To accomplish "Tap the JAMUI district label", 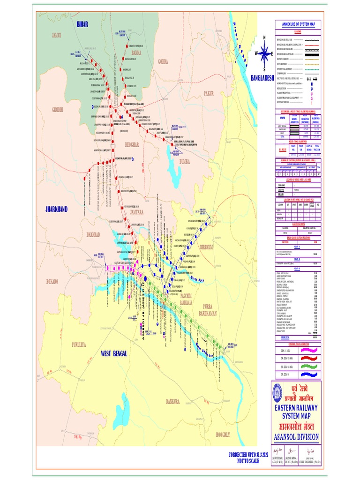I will pos(57,35).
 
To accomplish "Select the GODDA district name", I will pos(163,61).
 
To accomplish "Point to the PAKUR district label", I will pos(209,93).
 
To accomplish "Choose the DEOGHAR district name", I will pos(132,145).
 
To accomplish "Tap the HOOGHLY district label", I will pos(223,435).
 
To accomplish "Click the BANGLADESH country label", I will pos(262,78).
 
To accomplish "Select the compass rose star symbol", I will pos(264,53).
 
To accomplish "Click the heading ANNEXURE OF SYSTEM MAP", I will pos(298,23).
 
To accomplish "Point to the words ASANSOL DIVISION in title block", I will pos(296,437).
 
